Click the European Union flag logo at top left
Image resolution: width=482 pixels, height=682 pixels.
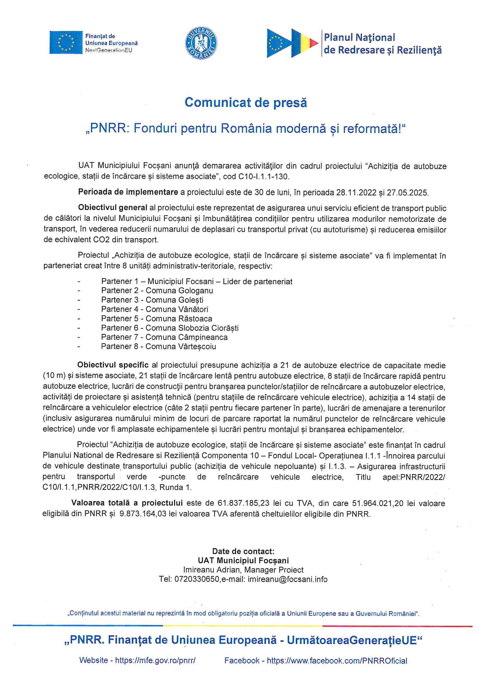[66, 43]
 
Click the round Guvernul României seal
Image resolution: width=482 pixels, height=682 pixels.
[201, 43]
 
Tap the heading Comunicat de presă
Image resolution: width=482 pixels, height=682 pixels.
[246, 102]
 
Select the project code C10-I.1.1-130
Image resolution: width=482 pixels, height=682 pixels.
[263, 177]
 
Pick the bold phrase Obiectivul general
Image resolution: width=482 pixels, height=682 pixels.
[113, 208]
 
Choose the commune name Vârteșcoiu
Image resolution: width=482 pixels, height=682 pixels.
[197, 347]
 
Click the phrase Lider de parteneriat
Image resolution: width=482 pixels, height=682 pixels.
[257, 281]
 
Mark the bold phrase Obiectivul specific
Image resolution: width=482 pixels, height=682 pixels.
[113, 365]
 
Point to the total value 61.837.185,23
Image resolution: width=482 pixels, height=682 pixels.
[243, 503]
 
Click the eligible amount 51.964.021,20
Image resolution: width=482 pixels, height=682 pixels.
[378, 503]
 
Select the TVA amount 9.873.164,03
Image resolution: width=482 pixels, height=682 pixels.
[143, 514]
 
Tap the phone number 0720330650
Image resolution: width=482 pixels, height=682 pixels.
[197, 580]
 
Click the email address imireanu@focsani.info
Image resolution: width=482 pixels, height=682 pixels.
[288, 580]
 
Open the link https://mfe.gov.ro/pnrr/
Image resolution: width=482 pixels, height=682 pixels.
[155, 661]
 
